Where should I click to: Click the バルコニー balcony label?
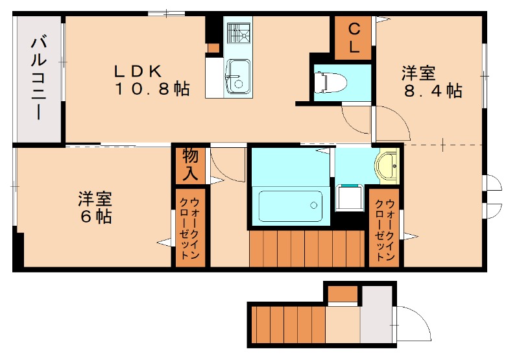[x=38, y=78]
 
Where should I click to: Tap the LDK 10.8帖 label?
[x=152, y=80]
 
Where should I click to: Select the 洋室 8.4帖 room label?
[x=431, y=82]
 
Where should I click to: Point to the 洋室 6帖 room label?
[x=95, y=206]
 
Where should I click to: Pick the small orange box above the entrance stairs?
[x=343, y=294]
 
